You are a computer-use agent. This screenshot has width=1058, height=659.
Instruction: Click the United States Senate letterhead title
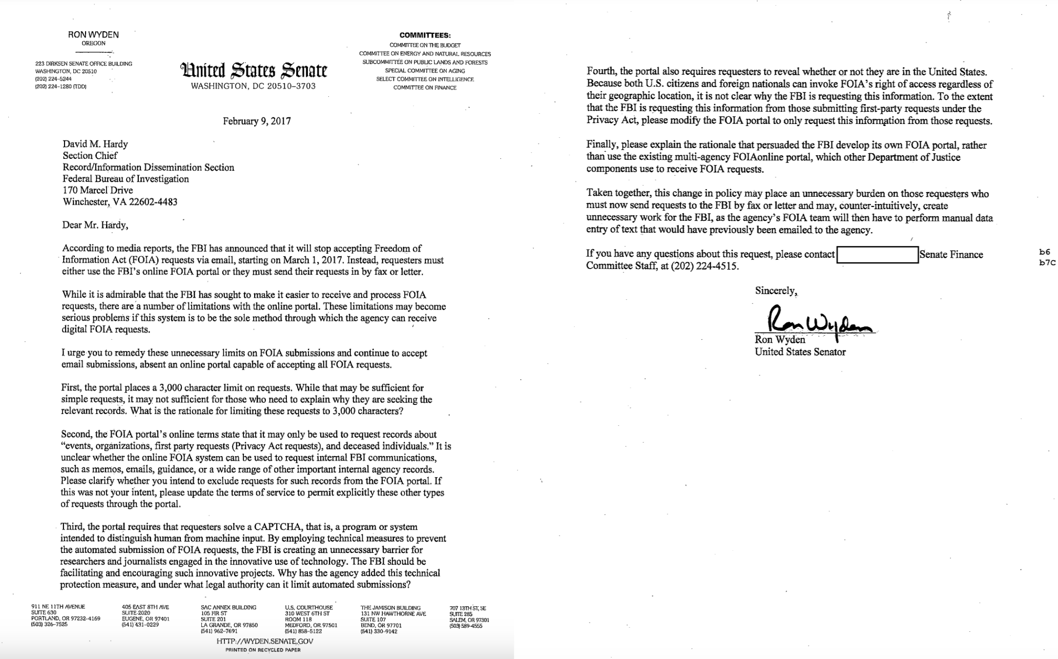(253, 71)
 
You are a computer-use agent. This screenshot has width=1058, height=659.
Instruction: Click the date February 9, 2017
(257, 121)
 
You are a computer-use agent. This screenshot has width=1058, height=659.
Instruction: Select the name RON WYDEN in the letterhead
(93, 35)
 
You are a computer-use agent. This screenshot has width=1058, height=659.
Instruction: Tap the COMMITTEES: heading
(425, 35)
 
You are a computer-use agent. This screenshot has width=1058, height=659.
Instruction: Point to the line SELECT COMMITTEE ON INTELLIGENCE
(425, 79)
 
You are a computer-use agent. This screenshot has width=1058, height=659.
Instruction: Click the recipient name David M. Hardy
(95, 144)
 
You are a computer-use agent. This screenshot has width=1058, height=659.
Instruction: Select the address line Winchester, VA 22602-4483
(120, 202)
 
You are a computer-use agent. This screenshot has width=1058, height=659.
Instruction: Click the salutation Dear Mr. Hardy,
(95, 225)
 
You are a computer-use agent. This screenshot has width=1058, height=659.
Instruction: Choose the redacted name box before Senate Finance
(877, 255)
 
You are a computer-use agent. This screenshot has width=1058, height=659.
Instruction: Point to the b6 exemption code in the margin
(1045, 252)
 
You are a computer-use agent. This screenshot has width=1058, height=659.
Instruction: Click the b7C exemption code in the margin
(1047, 262)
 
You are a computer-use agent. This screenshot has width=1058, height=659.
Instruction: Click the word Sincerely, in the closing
(776, 291)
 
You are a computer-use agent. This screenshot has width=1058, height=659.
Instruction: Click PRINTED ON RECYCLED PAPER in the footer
(263, 650)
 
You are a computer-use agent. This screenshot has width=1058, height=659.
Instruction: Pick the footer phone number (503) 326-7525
(49, 625)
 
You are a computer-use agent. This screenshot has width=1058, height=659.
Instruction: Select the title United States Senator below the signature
(800, 352)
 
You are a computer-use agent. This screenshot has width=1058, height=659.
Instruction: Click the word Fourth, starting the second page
(602, 72)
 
